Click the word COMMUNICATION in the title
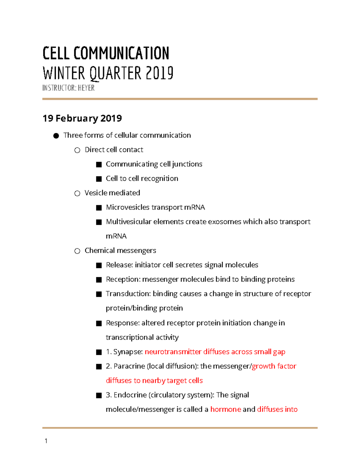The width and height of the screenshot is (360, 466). pyautogui.click(x=121, y=53)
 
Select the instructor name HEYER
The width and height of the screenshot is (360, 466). pyautogui.click(x=86, y=88)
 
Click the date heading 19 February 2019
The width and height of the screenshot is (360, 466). pyautogui.click(x=82, y=118)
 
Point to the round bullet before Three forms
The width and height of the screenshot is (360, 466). pyautogui.click(x=56, y=136)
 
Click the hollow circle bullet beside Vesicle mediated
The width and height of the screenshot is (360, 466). pyautogui.click(x=77, y=193)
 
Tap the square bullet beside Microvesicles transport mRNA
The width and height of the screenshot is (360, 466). pyautogui.click(x=99, y=208)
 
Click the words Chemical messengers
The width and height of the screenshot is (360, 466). pyautogui.click(x=120, y=251)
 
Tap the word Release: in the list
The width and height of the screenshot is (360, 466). pyautogui.click(x=119, y=265)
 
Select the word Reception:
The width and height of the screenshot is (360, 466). pyautogui.click(x=123, y=279)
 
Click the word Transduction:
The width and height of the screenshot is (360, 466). pyautogui.click(x=128, y=294)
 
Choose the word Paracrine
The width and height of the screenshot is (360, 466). pyautogui.click(x=129, y=366)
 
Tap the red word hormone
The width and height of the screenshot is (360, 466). pyautogui.click(x=226, y=409)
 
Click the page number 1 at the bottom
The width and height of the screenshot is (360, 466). pyautogui.click(x=46, y=441)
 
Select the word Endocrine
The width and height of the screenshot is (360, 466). pyautogui.click(x=130, y=395)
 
